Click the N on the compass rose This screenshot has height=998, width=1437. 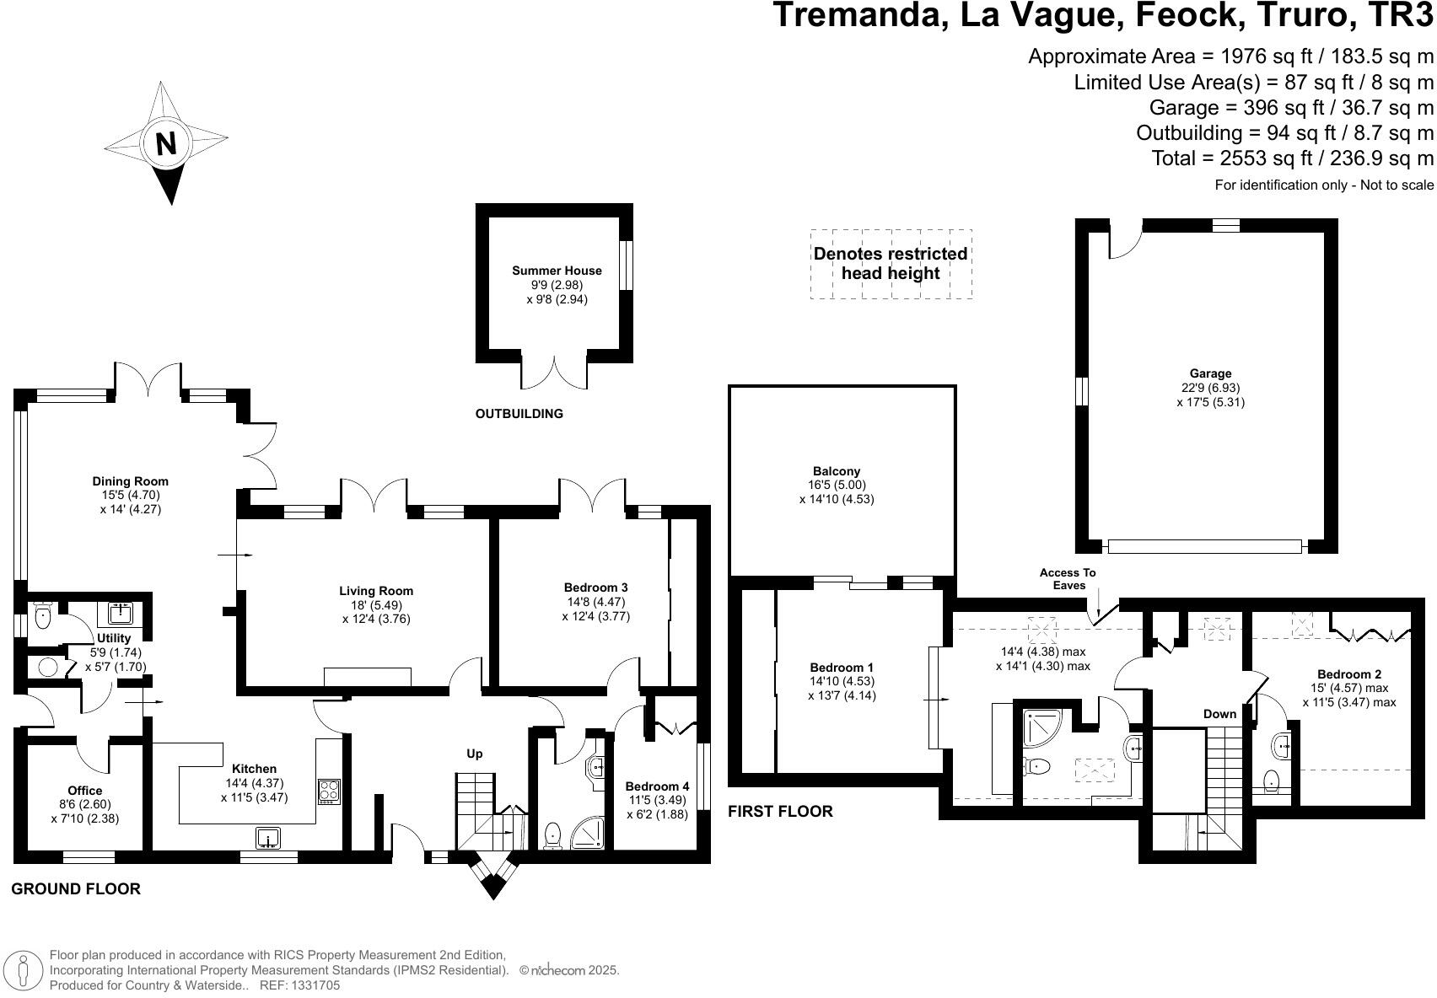(x=166, y=144)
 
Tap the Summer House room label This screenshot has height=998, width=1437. (x=557, y=271)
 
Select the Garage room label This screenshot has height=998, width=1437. (x=1210, y=373)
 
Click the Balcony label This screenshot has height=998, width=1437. (x=837, y=471)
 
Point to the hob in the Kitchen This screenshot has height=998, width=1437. (x=329, y=791)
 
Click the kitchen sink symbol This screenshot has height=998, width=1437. (x=268, y=838)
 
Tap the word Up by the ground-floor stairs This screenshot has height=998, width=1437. (x=475, y=754)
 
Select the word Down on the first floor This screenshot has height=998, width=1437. (x=1219, y=714)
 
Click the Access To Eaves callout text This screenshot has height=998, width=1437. (x=1068, y=579)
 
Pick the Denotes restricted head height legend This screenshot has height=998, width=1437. (x=891, y=264)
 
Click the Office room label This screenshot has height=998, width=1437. (x=84, y=791)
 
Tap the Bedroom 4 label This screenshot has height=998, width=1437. (x=658, y=786)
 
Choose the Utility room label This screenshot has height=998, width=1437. (x=114, y=639)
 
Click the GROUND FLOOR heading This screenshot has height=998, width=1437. (x=76, y=888)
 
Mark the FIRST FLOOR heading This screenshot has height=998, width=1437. (x=780, y=811)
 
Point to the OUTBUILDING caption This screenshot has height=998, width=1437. (x=519, y=414)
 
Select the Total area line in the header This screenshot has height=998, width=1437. (x=1292, y=158)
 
